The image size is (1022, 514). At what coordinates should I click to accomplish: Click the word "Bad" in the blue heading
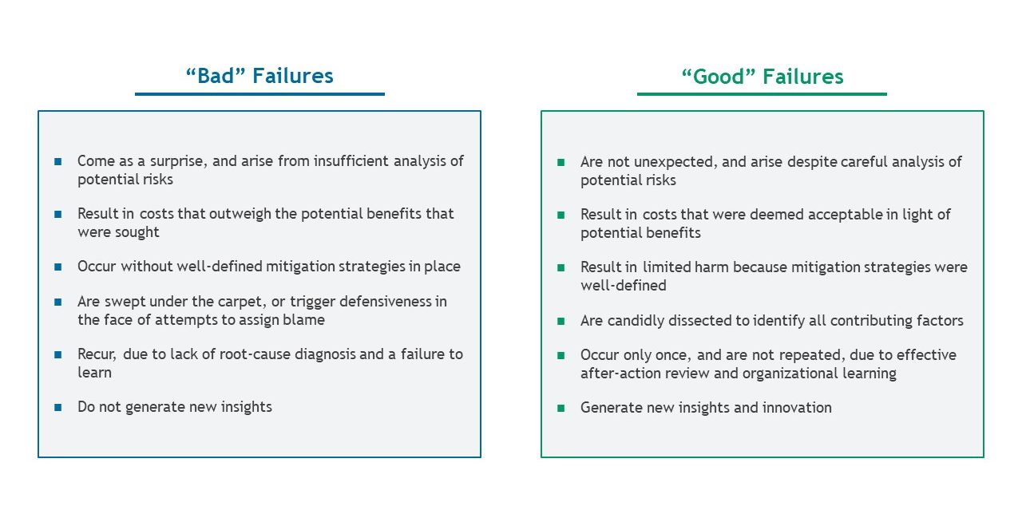(x=216, y=76)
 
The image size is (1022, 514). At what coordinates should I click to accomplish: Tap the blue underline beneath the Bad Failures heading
(x=259, y=94)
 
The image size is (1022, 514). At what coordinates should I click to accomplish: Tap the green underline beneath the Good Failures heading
(x=762, y=94)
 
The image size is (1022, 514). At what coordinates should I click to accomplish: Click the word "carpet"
(x=240, y=302)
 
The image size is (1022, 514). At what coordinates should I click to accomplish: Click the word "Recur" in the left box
(x=96, y=354)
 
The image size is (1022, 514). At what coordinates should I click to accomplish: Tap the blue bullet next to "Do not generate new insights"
(x=58, y=407)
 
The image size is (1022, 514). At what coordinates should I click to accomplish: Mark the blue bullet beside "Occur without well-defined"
(x=58, y=267)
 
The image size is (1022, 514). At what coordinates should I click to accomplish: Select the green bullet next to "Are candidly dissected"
(x=561, y=321)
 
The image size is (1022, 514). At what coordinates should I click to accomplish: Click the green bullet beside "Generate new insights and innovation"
(x=561, y=408)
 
